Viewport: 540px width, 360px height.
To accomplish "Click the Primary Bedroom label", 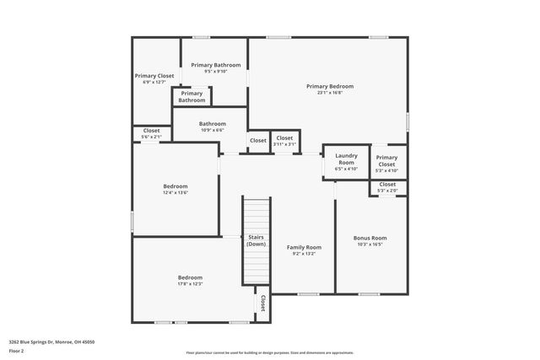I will tap(329, 86).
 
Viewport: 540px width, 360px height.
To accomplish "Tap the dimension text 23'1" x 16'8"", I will tap(329, 93).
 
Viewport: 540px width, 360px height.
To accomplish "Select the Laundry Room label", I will tap(347, 159).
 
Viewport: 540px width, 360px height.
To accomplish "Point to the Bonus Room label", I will tap(370, 238).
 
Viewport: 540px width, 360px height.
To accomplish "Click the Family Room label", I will tap(303, 247).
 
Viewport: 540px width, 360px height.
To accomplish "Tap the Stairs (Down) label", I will tap(256, 240).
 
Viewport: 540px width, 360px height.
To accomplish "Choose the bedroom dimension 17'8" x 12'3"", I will tap(190, 284).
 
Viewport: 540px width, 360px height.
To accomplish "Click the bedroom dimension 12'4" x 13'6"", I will tap(175, 193).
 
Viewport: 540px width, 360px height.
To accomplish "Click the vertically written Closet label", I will tap(262, 304).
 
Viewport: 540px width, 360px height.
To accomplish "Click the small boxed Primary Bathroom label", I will tap(192, 97).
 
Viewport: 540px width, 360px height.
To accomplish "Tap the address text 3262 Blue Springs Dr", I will tap(51, 341).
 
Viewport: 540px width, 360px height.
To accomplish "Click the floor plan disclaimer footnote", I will tap(270, 353).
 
